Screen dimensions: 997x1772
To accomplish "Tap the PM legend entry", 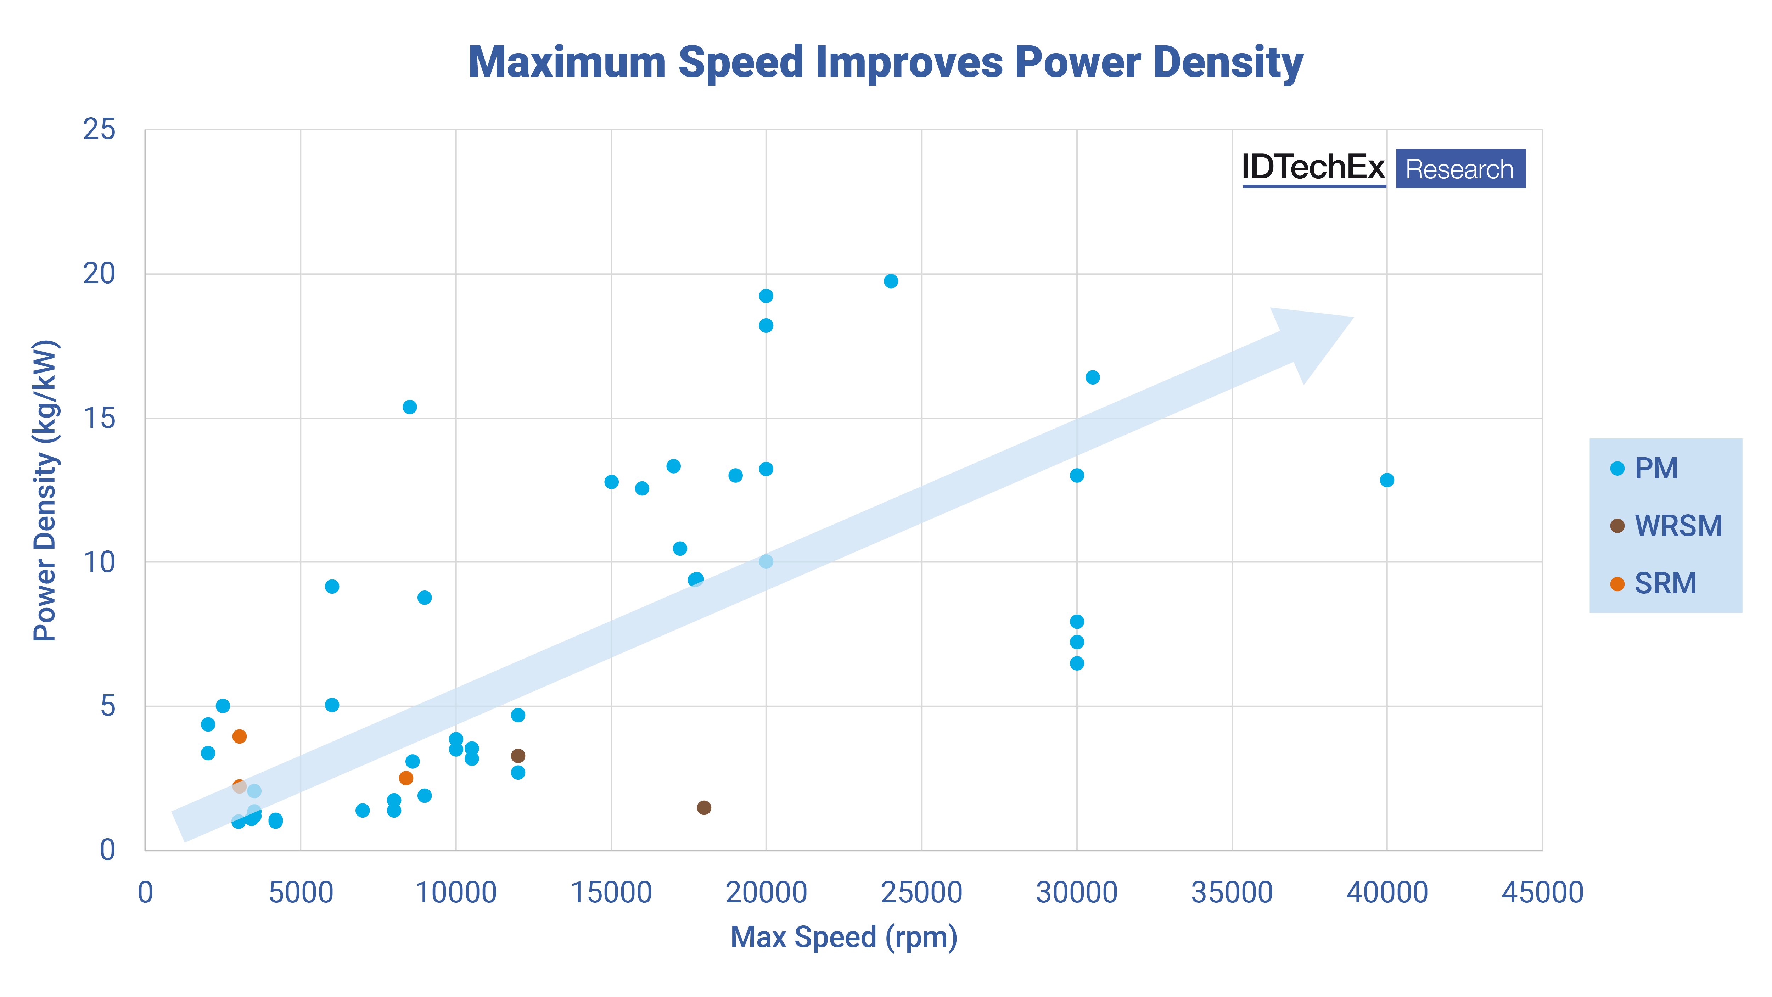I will pos(1644,469).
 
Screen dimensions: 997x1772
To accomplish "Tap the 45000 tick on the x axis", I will pos(1542,892).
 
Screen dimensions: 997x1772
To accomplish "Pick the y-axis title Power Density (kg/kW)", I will pos(45,491).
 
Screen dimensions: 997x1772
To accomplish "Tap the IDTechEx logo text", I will pos(1313,167).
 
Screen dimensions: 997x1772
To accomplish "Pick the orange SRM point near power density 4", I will pos(239,736).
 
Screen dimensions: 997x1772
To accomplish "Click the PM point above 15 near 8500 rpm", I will pos(409,407).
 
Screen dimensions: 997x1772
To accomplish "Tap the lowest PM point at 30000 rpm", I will pos(1077,663).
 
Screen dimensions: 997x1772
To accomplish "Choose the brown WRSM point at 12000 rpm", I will pos(518,756).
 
